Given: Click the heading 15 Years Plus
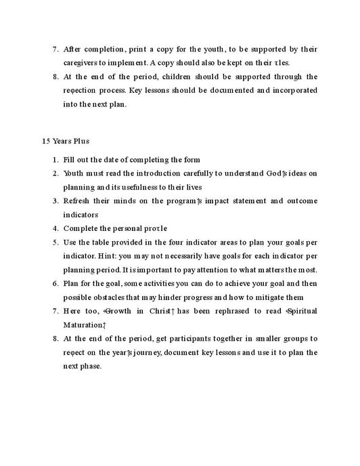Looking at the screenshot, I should pos(66,142).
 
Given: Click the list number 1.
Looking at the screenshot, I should pos(55,160).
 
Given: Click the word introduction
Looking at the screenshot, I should pos(160,173).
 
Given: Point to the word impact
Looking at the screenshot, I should pos(206,200).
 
